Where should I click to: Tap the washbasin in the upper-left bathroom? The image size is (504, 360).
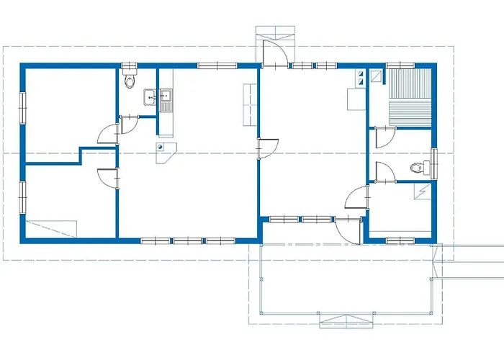pos(150,97)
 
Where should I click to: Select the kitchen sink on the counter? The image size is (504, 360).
pos(166,97)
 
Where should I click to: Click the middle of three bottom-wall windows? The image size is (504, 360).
pos(188,240)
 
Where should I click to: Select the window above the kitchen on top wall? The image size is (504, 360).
pos(217,66)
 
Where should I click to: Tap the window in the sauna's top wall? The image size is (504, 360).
pos(400,66)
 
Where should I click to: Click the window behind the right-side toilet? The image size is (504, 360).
pos(434,161)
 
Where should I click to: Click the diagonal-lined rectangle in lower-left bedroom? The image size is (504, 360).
pos(51,228)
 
